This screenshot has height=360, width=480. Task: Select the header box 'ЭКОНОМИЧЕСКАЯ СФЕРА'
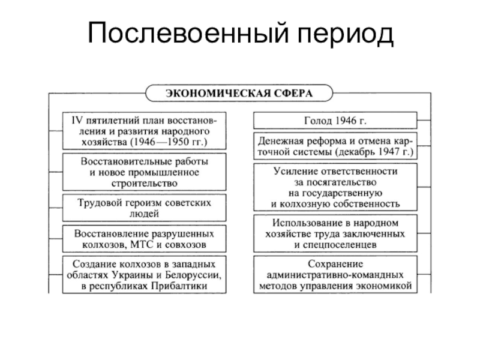(x=239, y=94)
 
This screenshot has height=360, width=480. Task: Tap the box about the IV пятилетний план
(x=145, y=130)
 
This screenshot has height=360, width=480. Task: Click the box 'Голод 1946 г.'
(x=335, y=120)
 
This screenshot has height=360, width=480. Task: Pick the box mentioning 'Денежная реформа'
(x=335, y=146)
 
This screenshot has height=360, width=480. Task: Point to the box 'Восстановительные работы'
(x=145, y=172)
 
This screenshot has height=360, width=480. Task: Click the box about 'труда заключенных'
(x=335, y=234)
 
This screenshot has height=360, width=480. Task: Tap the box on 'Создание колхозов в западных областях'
(x=145, y=274)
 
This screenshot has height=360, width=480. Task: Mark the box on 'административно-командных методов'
(x=335, y=274)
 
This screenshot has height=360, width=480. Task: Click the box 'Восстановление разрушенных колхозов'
(x=145, y=239)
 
